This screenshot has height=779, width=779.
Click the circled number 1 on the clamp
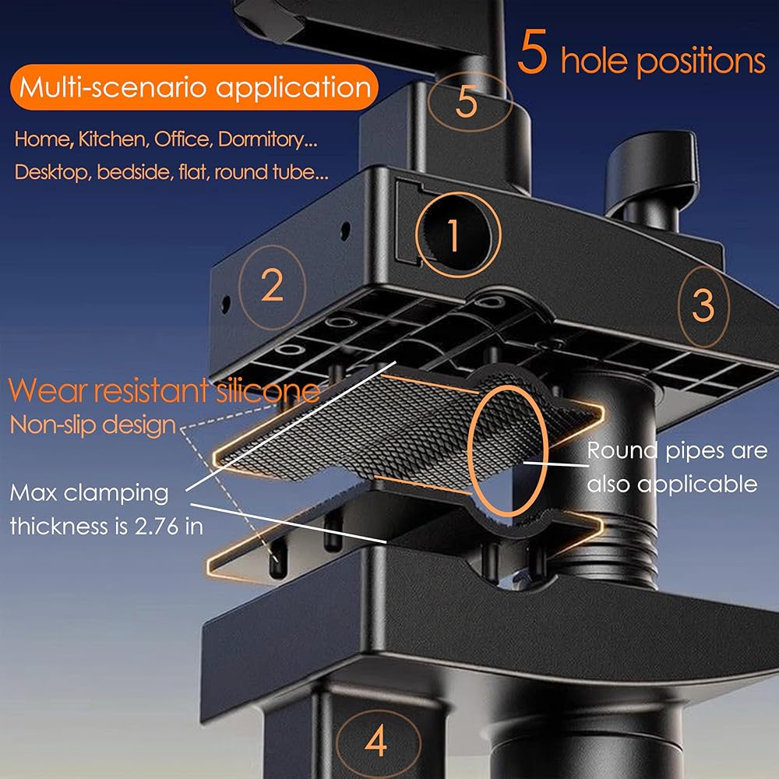tap(457, 234)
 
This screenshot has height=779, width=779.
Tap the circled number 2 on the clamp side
tap(272, 287)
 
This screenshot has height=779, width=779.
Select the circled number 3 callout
tap(703, 306)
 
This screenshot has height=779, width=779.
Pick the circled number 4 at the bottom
tap(376, 742)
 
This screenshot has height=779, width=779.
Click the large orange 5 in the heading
tap(532, 51)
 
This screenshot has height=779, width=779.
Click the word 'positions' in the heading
tap(701, 61)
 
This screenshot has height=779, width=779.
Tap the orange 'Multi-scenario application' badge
tap(194, 87)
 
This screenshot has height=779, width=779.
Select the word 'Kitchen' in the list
tap(114, 139)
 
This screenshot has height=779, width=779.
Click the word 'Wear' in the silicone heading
tap(48, 390)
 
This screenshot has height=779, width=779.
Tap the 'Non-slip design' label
tap(93, 425)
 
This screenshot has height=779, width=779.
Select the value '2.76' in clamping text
tap(157, 527)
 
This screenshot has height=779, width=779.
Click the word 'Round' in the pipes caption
tap(623, 450)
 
